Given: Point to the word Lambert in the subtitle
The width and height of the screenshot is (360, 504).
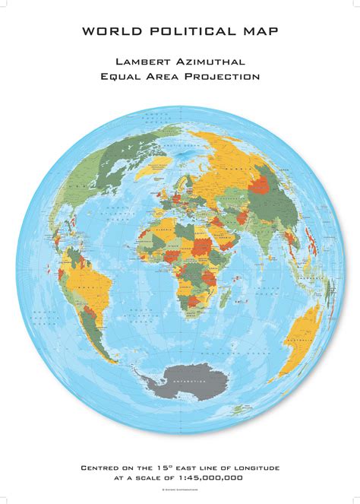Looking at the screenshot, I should tap(144, 60).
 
